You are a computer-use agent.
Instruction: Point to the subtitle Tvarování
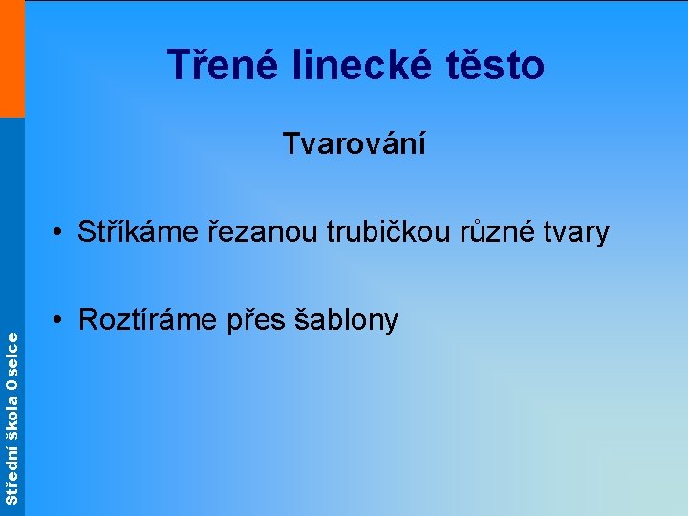tap(355, 144)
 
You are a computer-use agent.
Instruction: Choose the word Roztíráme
tap(150, 319)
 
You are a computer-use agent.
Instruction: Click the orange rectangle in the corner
tap(11, 58)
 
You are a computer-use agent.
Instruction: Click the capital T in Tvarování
tap(290, 144)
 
